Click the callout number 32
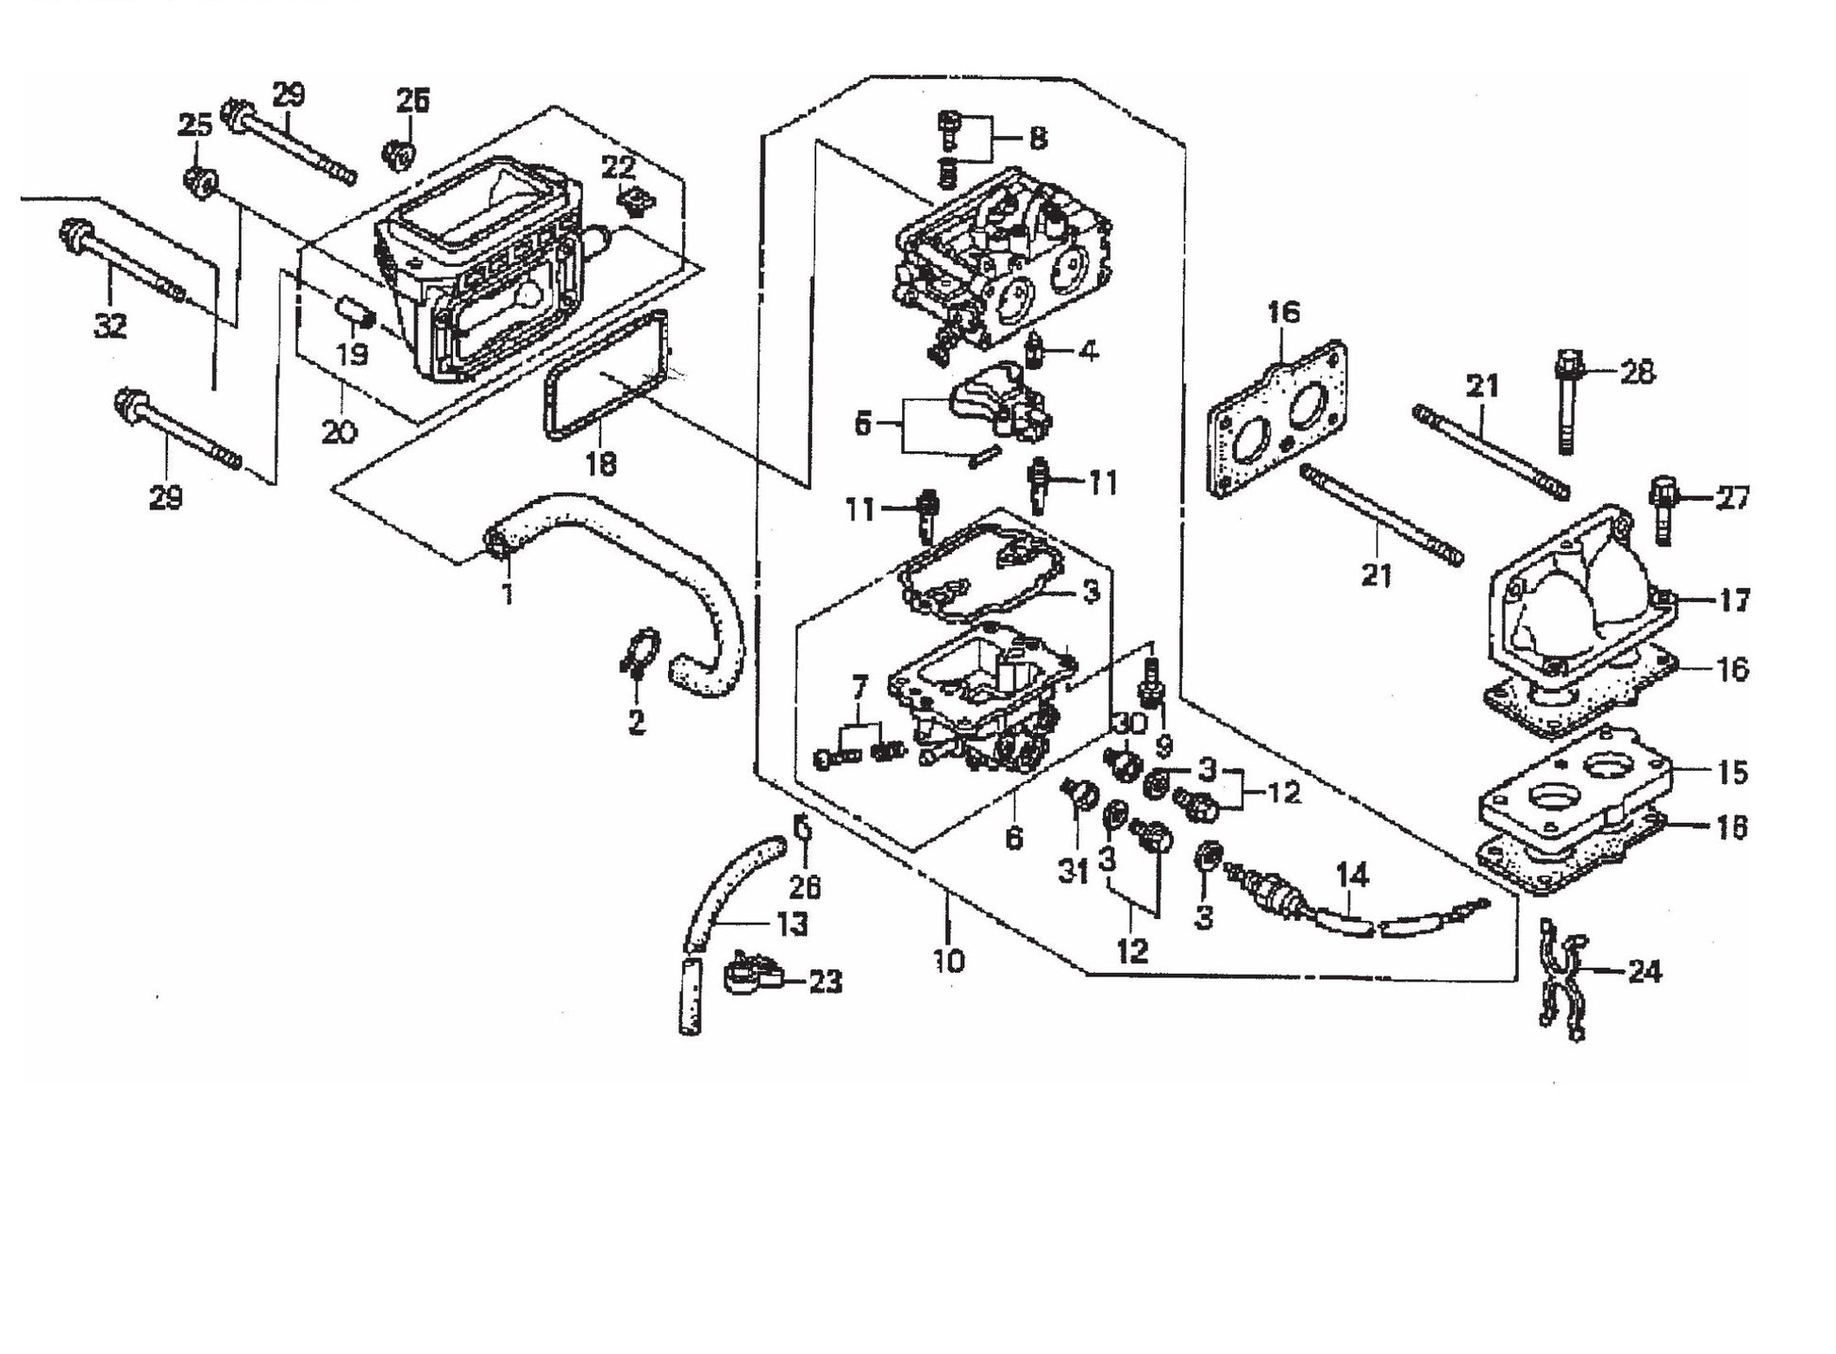click(x=110, y=326)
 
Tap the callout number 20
click(x=339, y=432)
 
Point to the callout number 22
click(x=618, y=169)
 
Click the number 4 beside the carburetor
click(x=1089, y=352)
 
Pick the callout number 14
click(x=1352, y=876)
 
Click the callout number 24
click(x=1644, y=971)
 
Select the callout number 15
click(x=1732, y=772)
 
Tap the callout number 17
click(x=1734, y=600)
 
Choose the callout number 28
click(x=1637, y=372)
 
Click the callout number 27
click(x=1732, y=497)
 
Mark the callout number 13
click(x=793, y=924)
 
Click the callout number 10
click(x=949, y=961)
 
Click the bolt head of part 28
click(x=1567, y=360)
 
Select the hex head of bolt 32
click(x=74, y=231)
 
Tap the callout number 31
click(x=1073, y=871)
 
